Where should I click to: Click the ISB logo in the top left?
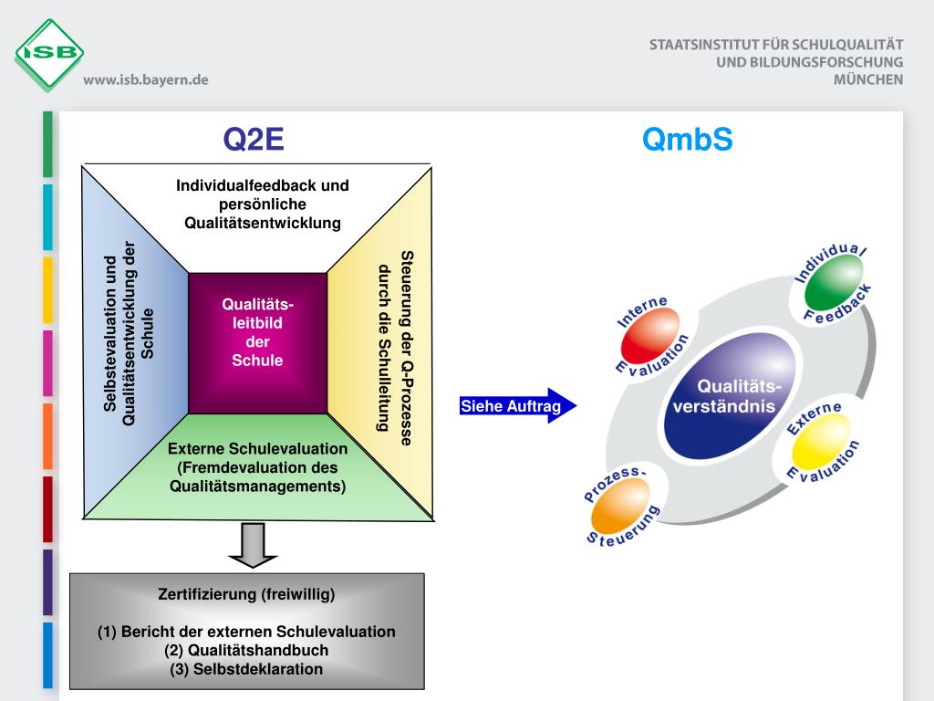pyautogui.click(x=49, y=54)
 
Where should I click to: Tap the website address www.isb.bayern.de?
pyautogui.click(x=146, y=79)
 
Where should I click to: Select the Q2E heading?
pyautogui.click(x=254, y=140)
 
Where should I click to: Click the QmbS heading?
pyautogui.click(x=687, y=140)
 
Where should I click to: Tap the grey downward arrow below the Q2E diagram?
pyautogui.click(x=253, y=545)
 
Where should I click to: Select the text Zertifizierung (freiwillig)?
pyautogui.click(x=246, y=595)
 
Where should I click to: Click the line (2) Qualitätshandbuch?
pyautogui.click(x=246, y=651)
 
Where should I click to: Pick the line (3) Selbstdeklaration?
pyautogui.click(x=246, y=669)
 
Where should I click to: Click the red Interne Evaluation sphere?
pyautogui.click(x=649, y=336)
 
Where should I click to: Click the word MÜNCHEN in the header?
pyautogui.click(x=868, y=79)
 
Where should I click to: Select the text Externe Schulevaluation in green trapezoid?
pyautogui.click(x=257, y=449)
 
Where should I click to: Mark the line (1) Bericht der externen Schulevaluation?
pyautogui.click(x=246, y=632)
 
